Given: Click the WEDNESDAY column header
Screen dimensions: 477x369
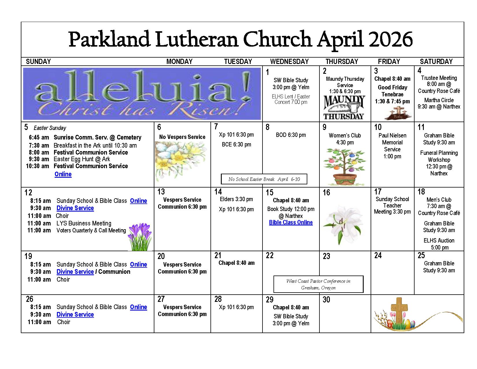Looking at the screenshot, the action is coord(289,61).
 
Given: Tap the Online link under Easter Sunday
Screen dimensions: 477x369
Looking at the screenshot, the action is coord(63,174).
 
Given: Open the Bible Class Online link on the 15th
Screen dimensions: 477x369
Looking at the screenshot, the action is coord(291,222).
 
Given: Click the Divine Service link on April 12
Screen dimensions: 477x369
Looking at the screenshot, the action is coord(75,208).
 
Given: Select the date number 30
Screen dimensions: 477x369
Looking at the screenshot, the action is coord(326,300).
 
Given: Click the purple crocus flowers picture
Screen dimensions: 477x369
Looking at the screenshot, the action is coord(140,237).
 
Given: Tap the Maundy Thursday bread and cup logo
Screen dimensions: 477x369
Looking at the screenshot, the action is coord(344,107).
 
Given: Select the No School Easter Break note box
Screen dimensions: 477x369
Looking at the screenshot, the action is coord(264,179).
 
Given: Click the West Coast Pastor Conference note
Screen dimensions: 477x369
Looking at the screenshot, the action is coord(318,284).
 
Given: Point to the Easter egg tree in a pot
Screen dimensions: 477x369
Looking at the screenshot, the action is coord(344,167).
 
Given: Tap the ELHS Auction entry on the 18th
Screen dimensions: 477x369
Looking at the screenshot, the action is coord(439,244).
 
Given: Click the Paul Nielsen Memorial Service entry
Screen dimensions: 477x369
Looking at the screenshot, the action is coord(392,146).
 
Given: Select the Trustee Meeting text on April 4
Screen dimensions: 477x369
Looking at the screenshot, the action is coord(439,78).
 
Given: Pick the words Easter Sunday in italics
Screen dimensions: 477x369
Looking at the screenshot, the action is coord(50,128).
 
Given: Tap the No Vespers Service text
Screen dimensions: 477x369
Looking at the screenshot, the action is coord(182,137).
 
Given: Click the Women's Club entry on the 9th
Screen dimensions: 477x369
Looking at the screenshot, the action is coord(345,139).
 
